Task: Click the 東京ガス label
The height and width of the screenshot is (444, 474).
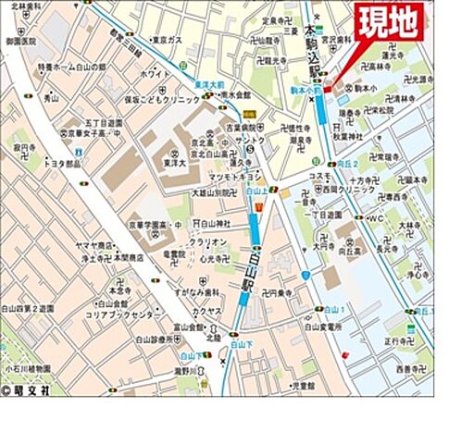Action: (166, 41)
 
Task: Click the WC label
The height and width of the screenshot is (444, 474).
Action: (375, 218)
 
